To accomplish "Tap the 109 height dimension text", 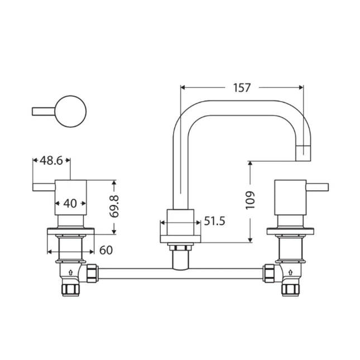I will [x=250, y=200].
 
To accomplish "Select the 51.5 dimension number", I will [x=214, y=222].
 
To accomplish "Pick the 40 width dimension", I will [x=70, y=203].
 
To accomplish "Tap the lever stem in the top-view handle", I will [x=44, y=112].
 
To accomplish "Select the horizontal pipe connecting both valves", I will [x=180, y=275].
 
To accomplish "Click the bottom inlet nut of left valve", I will [x=71, y=289].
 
